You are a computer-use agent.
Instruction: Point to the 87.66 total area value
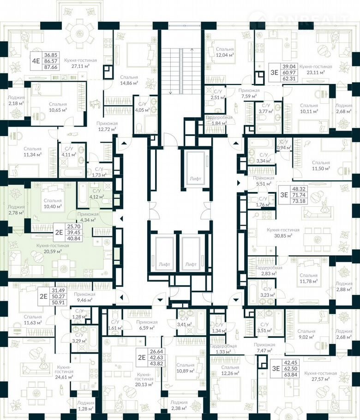(x=51, y=66)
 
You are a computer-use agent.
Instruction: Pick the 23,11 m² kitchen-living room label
(x=315, y=70)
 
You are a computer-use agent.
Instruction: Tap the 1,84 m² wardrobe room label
(x=219, y=120)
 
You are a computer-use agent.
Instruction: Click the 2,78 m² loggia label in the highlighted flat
(x=16, y=210)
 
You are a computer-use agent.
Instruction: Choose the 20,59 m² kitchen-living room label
(x=53, y=248)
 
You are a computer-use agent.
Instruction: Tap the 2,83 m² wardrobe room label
(x=266, y=270)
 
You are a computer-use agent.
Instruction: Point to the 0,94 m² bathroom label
(x=282, y=145)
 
